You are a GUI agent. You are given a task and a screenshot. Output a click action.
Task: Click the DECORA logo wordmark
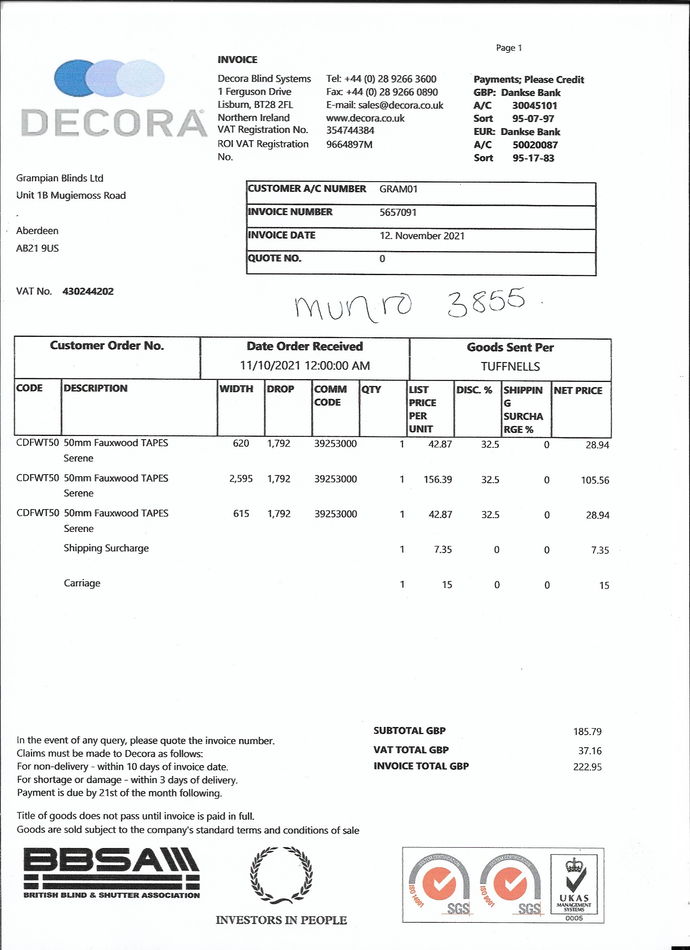pyautogui.click(x=114, y=123)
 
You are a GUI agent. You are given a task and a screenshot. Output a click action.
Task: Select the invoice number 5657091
pyautogui.click(x=397, y=213)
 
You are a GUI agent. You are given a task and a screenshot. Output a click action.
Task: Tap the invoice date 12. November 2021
pyautogui.click(x=422, y=236)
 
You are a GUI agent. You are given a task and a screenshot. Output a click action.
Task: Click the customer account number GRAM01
pyautogui.click(x=398, y=189)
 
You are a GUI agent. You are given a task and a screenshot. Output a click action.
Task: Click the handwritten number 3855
pyautogui.click(x=485, y=301)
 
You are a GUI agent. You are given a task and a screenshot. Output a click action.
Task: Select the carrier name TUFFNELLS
pyautogui.click(x=510, y=367)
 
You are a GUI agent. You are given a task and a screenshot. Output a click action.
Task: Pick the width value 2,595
pyautogui.click(x=241, y=479)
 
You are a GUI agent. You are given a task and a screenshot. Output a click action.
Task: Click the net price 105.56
pyautogui.click(x=595, y=480)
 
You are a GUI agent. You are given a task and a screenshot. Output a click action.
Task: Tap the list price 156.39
pyautogui.click(x=438, y=479)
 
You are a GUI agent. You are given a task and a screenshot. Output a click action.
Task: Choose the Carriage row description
pyautogui.click(x=82, y=583)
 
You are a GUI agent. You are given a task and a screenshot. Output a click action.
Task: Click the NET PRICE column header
pyautogui.click(x=578, y=390)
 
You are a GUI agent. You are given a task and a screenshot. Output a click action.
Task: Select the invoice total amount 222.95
pyautogui.click(x=587, y=767)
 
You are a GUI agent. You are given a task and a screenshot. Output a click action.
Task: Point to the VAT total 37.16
pyautogui.click(x=590, y=750)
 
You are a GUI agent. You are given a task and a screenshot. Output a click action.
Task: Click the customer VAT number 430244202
pyautogui.click(x=88, y=291)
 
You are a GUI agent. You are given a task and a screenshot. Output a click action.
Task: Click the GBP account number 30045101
pyautogui.click(x=534, y=106)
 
